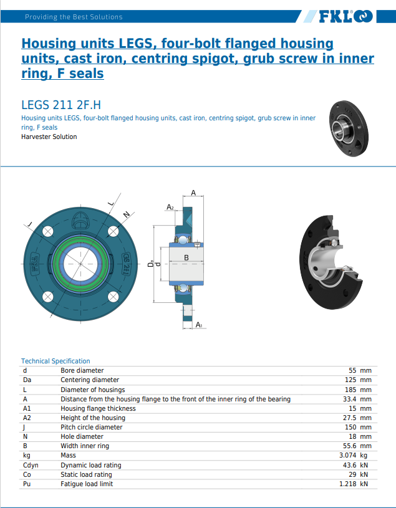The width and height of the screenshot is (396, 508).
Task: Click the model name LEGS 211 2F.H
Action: (61, 105)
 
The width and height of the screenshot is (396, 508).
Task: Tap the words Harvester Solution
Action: (49, 137)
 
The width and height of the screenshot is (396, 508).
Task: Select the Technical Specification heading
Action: (56, 361)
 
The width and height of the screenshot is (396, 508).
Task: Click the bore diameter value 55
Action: (352, 370)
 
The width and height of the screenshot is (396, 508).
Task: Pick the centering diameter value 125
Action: (350, 380)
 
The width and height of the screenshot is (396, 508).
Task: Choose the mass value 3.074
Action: (347, 456)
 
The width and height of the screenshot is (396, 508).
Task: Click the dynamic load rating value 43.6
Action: (349, 465)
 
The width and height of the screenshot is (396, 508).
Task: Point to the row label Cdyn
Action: (31, 465)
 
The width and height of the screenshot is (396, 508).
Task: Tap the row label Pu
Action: (27, 484)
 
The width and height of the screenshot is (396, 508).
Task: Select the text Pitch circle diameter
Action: (92, 427)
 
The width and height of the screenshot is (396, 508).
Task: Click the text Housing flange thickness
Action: (98, 408)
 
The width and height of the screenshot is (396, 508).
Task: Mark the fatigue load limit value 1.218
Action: (347, 484)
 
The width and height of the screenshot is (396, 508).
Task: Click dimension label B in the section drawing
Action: (186, 257)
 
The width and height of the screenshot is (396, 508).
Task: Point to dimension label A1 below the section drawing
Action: (198, 325)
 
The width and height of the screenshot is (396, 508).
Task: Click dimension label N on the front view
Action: (127, 215)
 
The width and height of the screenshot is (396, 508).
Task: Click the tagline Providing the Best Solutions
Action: (74, 17)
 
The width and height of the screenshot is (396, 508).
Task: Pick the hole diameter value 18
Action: (352, 436)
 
